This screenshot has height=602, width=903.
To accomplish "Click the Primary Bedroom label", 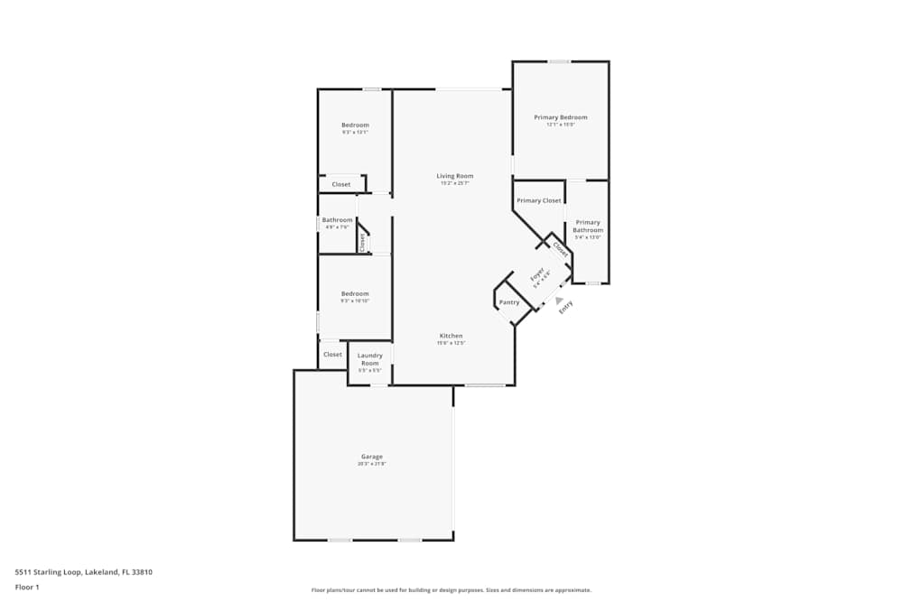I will (x=560, y=117).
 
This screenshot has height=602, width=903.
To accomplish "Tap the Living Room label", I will (x=454, y=176).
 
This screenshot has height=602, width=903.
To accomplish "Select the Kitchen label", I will (x=451, y=336).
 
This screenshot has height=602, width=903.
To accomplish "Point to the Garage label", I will (x=373, y=457).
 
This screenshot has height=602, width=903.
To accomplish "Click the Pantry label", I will (x=509, y=301).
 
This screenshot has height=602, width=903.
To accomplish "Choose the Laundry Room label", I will (x=370, y=359).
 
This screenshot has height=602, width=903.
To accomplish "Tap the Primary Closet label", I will (x=538, y=200).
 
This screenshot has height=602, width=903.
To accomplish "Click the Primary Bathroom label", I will (x=588, y=227).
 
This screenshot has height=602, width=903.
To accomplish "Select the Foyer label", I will (x=535, y=274).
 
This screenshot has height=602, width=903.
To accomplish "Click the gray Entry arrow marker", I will (x=559, y=301).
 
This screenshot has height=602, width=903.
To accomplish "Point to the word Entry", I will (x=565, y=307).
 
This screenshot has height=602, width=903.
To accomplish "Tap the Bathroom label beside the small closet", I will (x=337, y=220).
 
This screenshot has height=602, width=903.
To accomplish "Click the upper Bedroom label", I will (x=355, y=125).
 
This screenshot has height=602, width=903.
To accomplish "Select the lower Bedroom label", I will (x=355, y=293).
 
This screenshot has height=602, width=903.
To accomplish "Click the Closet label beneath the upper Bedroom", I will (x=341, y=184).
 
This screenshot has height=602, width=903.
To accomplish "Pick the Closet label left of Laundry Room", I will (x=332, y=355).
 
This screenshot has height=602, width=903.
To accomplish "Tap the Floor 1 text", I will (x=27, y=587).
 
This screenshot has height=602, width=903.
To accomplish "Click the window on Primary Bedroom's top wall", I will (x=559, y=61).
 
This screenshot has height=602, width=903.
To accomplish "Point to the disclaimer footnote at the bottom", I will (x=451, y=590).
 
